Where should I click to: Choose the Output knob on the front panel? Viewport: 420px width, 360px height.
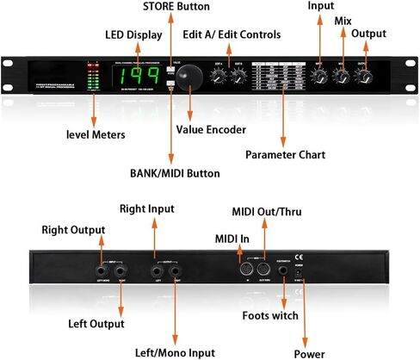(367, 77)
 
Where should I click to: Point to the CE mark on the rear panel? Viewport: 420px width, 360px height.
(300, 256)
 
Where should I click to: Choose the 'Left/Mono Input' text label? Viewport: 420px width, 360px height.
(175, 351)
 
